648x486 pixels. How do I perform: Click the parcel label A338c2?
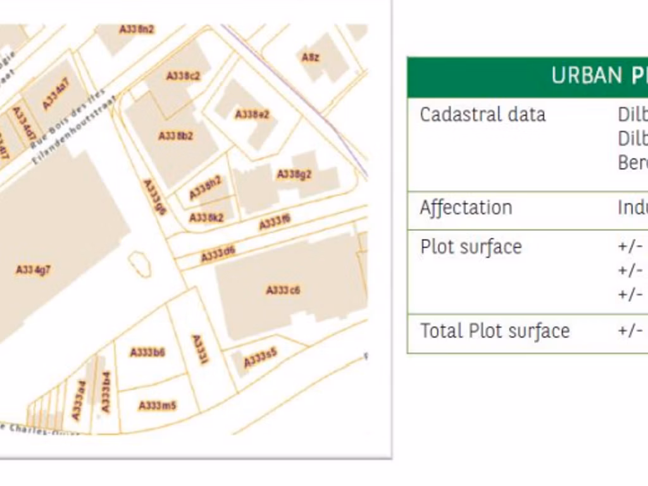pyautogui.click(x=184, y=76)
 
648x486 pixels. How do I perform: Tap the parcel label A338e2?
pyautogui.click(x=252, y=115)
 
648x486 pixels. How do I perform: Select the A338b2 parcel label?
pyautogui.click(x=175, y=136)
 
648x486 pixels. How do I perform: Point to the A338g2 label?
pyautogui.click(x=294, y=174)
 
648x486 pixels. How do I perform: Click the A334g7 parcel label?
pyautogui.click(x=34, y=270)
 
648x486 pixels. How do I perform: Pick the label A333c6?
pyautogui.click(x=283, y=290)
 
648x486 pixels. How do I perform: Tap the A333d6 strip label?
pyautogui.click(x=218, y=254)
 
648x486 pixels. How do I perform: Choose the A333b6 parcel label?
pyautogui.click(x=147, y=352)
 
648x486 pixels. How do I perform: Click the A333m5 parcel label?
pyautogui.click(x=158, y=405)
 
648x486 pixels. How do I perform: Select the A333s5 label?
pyautogui.click(x=261, y=359)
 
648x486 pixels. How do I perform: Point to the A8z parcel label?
pyautogui.click(x=310, y=58)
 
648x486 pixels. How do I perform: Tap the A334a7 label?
pyautogui.click(x=56, y=94)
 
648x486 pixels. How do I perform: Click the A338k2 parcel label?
pyautogui.click(x=206, y=218)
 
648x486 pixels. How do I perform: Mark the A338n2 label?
pyautogui.click(x=137, y=29)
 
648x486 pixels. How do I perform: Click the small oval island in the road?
pyautogui.click(x=139, y=264)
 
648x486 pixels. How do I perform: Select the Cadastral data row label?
pyautogui.click(x=482, y=115)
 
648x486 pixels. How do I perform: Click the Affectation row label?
pyautogui.click(x=466, y=208)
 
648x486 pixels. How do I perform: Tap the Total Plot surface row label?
pyautogui.click(x=495, y=331)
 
